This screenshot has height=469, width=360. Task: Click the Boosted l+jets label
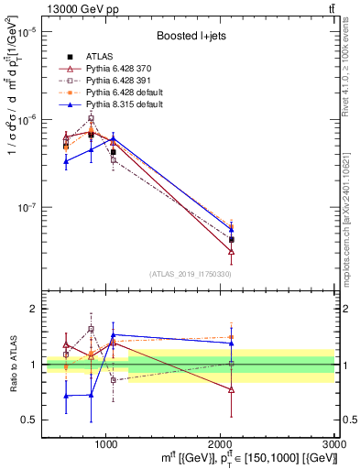pyautogui.click(x=190, y=36)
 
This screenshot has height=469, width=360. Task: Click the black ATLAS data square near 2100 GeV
pyautogui.click(x=232, y=239)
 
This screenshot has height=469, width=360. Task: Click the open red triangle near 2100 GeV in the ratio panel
pyautogui.click(x=232, y=389)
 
